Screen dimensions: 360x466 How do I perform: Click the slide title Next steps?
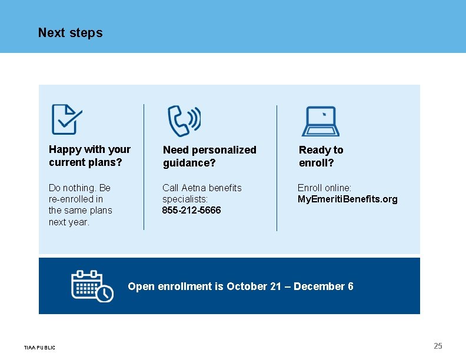(70, 33)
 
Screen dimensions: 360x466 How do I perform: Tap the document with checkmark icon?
(66, 119)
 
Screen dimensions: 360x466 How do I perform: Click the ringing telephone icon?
(184, 120)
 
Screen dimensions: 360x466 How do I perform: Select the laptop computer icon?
(321, 121)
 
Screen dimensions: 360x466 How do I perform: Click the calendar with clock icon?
(92, 286)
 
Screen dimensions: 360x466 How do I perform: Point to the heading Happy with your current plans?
(89, 156)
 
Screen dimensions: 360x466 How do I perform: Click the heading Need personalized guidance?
(209, 156)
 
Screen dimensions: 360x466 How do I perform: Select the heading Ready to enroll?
(321, 156)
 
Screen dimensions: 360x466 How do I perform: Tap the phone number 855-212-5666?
(192, 211)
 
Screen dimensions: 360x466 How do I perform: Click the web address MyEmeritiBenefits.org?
(347, 199)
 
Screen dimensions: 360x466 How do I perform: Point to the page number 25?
(438, 346)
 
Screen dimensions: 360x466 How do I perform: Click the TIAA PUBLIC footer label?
(39, 348)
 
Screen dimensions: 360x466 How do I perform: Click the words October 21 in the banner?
(254, 286)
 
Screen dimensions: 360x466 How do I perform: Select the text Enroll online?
(324, 188)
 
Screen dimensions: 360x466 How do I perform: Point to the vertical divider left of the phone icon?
(144, 167)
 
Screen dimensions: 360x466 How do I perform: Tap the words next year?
(69, 222)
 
